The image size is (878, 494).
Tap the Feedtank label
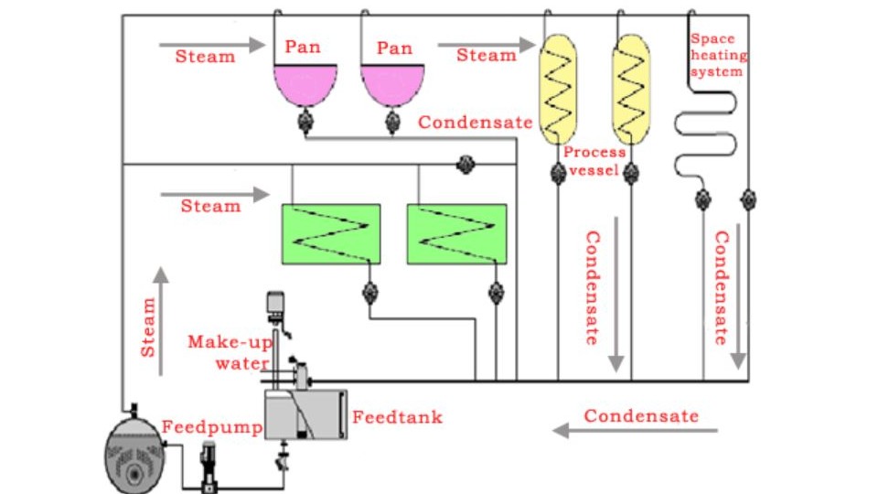click(397, 417)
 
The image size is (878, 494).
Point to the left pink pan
click(305, 84)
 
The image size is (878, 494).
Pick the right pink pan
click(393, 84)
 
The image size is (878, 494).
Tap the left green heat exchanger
click(330, 234)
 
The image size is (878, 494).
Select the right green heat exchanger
click(456, 234)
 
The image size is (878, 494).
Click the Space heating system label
click(717, 55)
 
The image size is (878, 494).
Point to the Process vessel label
click(594, 161)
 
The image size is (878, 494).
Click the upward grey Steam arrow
click(161, 320)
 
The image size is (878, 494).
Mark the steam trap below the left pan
click(305, 121)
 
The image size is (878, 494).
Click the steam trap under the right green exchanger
click(496, 293)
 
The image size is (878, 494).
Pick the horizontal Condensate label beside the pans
click(476, 122)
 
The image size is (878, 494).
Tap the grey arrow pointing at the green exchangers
click(215, 194)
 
